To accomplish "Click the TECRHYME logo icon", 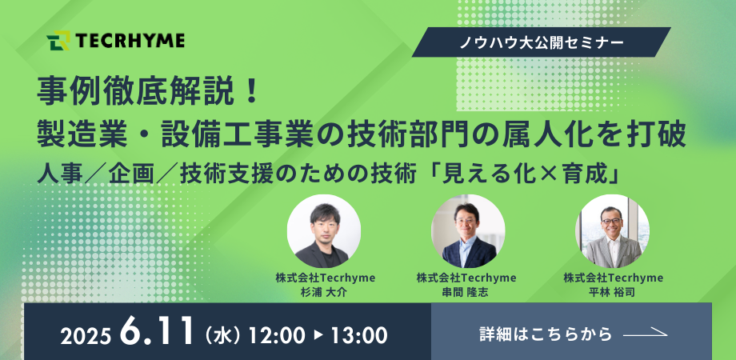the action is tap(58, 40).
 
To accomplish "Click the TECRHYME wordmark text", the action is tap(130, 41).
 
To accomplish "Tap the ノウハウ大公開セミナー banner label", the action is tap(542, 43).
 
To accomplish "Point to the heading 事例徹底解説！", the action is tap(147, 90).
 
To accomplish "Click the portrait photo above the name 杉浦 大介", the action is tap(324, 231).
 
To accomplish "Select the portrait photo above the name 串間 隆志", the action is tap(468, 231).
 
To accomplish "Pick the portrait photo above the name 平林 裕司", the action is tap(613, 231).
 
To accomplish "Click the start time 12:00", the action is tap(277, 335).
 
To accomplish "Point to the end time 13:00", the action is tap(359, 335).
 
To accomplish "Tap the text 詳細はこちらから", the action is tap(546, 334).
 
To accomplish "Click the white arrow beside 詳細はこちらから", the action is tap(646, 334).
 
